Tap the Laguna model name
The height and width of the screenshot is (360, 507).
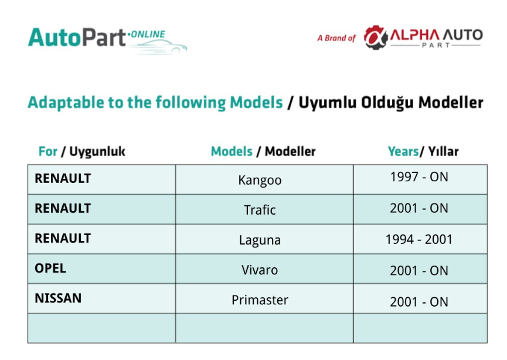(260, 240)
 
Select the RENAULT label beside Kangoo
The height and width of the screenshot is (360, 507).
(63, 179)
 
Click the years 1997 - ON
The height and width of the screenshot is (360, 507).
(419, 177)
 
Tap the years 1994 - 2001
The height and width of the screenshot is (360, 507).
(419, 239)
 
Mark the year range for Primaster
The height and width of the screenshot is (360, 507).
(419, 302)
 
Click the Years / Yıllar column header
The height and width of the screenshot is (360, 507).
(423, 151)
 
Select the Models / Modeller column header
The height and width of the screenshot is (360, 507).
(263, 151)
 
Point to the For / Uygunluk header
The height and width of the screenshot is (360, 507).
(82, 151)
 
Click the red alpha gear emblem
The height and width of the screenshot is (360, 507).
(376, 38)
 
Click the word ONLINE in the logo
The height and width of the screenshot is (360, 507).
(148, 34)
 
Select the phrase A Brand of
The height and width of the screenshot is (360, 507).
(336, 38)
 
